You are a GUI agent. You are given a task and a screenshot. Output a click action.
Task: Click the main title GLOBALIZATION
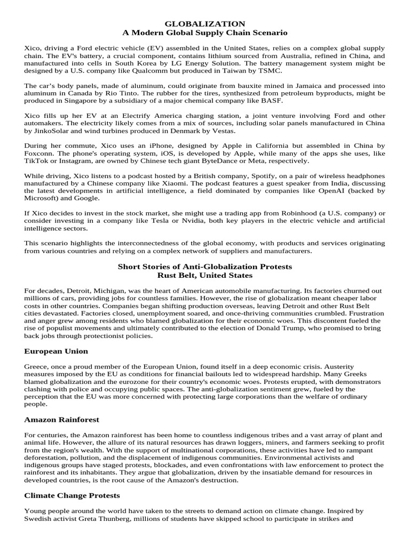205,23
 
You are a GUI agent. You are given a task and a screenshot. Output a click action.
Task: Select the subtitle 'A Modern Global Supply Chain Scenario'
205,33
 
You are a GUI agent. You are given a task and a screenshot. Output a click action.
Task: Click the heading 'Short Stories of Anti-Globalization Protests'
205,266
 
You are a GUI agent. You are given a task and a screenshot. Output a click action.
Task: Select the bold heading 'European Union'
56,351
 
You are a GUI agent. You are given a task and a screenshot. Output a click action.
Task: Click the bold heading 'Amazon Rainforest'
61,420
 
